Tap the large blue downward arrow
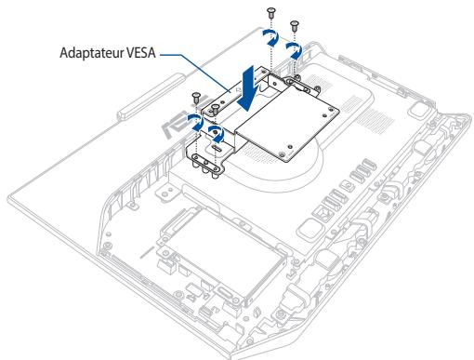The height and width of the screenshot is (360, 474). click(249, 87)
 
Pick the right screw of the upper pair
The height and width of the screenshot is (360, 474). click(296, 22)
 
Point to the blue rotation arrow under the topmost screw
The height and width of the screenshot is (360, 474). click(269, 34)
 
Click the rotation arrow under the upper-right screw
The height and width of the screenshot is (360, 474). click(295, 47)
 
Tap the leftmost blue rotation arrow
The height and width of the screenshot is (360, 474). click(195, 120)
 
